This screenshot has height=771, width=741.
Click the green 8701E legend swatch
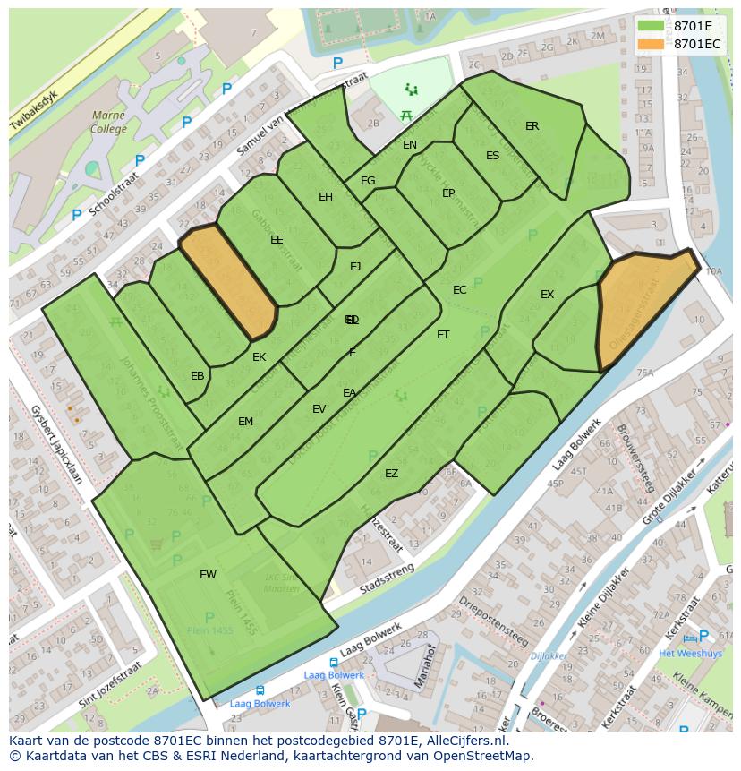(x=651, y=26)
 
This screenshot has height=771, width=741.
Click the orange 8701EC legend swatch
(x=651, y=43)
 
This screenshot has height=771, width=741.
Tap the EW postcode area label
(x=208, y=575)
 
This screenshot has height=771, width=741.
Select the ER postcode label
(x=532, y=126)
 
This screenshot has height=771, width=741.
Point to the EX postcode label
(x=547, y=295)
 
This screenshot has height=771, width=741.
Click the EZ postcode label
(x=391, y=474)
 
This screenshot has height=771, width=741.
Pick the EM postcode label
(x=245, y=422)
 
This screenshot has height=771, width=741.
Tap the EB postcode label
(x=197, y=376)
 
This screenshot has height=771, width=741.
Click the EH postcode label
(x=326, y=197)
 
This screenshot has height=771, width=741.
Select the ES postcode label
(x=492, y=156)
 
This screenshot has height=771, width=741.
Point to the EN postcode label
(x=410, y=145)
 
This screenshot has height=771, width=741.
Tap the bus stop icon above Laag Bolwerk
(x=260, y=690)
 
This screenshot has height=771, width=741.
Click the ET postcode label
(x=443, y=335)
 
